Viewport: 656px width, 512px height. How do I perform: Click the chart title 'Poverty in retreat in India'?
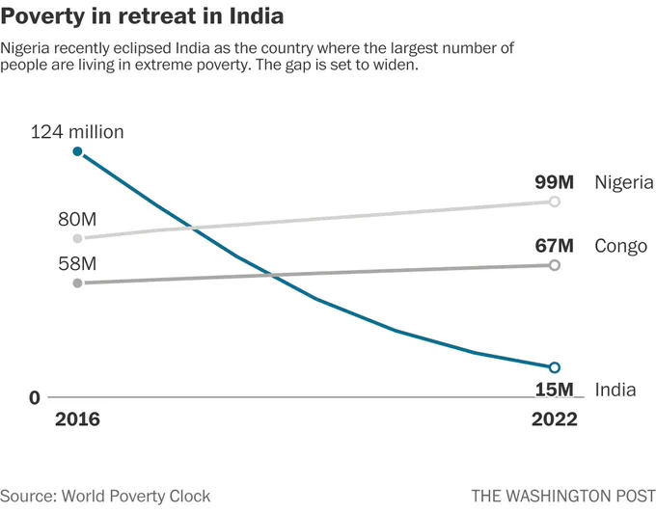point(142,16)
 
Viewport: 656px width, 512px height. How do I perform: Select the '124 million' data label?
point(77,132)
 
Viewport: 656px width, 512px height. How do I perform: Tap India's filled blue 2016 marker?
point(77,151)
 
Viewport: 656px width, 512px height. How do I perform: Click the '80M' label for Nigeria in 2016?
point(77,219)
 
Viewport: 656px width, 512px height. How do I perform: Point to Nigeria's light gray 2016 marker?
point(77,238)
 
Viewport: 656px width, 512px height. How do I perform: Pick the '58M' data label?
point(77,263)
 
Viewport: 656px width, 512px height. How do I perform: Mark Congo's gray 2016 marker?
point(77,283)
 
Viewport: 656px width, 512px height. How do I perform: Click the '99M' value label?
point(555,182)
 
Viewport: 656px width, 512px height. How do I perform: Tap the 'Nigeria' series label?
point(624,183)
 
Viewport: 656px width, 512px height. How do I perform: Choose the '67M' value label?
point(555,246)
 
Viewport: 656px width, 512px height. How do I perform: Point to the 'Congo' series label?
point(621,247)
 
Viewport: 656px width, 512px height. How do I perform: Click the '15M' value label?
point(555,390)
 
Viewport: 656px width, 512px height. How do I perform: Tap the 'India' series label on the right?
point(615,390)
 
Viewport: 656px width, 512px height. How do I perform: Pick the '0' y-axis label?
point(35,398)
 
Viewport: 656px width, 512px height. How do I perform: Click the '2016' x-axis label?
point(77,419)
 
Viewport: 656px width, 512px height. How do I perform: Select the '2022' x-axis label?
point(555,419)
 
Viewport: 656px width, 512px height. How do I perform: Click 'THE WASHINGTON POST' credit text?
point(563,497)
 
